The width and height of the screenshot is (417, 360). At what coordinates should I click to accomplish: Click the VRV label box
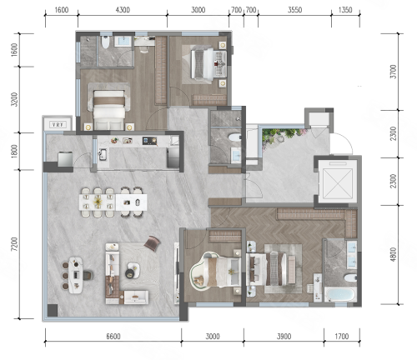tap(58, 125)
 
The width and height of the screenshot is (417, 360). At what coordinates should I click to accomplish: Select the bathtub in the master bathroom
tap(340, 295)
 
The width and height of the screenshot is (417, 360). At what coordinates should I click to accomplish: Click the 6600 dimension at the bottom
tap(113, 337)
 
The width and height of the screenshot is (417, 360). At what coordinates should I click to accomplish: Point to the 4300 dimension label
tap(123, 10)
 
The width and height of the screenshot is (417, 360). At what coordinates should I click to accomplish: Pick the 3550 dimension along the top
tap(294, 10)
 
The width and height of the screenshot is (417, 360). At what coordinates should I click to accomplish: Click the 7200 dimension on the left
tap(14, 244)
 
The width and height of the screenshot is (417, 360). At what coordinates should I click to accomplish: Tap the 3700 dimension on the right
tap(393, 72)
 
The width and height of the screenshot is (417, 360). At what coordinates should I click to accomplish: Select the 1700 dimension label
tap(341, 337)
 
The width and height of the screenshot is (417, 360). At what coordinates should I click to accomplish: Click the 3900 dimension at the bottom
tap(284, 337)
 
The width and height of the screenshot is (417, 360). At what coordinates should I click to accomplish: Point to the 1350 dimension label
tap(345, 10)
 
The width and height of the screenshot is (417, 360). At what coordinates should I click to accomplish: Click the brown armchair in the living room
tap(152, 243)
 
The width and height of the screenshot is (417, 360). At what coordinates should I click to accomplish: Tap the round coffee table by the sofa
tap(133, 270)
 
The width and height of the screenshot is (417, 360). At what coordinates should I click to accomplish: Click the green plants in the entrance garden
tap(281, 135)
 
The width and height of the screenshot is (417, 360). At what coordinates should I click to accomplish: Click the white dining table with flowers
tap(98, 202)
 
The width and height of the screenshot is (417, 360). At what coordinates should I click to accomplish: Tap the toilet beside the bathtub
tap(349, 277)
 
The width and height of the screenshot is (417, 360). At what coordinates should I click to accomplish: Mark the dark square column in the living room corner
tap(53, 310)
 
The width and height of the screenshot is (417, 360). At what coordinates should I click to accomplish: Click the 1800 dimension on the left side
tap(14, 152)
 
